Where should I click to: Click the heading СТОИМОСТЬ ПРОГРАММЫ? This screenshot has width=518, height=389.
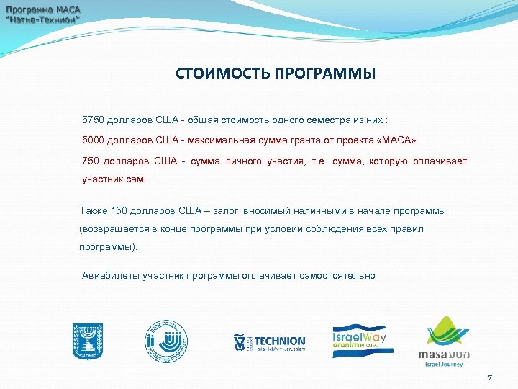pyautogui.click(x=275, y=74)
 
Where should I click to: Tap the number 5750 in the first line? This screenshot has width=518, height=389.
pyautogui.click(x=93, y=118)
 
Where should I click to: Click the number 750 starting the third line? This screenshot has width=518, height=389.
pyautogui.click(x=90, y=161)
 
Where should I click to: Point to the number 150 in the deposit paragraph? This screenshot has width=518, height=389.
pyautogui.click(x=120, y=211)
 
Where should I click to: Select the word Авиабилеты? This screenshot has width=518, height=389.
pyautogui.click(x=111, y=275)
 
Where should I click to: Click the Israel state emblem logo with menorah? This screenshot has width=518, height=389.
pyautogui.click(x=88, y=340)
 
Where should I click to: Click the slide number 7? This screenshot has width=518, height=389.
pyautogui.click(x=489, y=378)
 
